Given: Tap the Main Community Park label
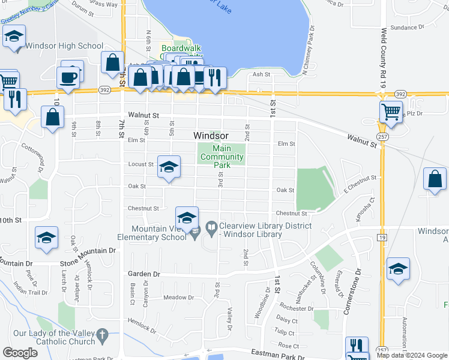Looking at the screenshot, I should click(x=221, y=157).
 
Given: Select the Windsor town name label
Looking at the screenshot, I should click(x=211, y=136).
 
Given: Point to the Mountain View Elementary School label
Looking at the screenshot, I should click(x=159, y=232).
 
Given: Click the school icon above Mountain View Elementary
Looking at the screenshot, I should click(x=187, y=218).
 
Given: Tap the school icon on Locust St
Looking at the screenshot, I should click(x=169, y=167).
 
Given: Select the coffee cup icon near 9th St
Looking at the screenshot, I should click(x=68, y=77).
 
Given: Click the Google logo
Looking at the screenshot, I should click(x=20, y=353).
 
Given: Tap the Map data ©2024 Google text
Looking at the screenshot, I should click(x=412, y=355).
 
